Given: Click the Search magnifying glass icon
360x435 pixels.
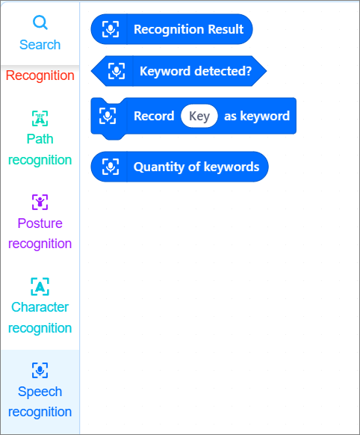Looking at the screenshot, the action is [x=40, y=22].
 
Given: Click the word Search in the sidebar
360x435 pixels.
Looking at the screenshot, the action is [x=40, y=45].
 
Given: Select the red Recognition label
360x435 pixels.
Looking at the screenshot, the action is [x=40, y=75].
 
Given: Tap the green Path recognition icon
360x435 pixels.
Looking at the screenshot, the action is [x=40, y=118].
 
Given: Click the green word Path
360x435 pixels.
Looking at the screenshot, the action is [x=40, y=139].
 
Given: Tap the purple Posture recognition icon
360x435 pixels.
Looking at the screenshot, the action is [x=40, y=202].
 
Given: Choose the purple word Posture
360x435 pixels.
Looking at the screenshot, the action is [x=40, y=223].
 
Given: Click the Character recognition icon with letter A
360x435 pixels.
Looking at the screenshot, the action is [x=40, y=286].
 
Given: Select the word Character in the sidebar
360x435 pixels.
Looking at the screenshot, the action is [x=40, y=307].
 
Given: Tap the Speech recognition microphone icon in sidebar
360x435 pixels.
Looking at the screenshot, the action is [x=40, y=370].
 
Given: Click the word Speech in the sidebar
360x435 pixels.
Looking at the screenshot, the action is [x=40, y=392].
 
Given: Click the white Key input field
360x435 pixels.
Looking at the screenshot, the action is [x=199, y=116].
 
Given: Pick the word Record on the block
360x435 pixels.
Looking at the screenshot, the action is [x=154, y=116].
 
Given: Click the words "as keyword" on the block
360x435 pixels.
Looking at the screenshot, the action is [x=257, y=116].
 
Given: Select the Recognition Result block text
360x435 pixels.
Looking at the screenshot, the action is [x=189, y=29].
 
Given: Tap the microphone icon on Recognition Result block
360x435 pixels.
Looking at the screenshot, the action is [x=111, y=29].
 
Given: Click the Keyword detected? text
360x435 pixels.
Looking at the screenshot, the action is [x=196, y=71].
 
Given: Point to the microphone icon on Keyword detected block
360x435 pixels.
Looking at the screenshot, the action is [x=117, y=71].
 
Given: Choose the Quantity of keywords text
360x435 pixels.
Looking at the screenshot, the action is [x=196, y=167].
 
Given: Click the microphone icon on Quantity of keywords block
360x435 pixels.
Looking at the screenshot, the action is [x=111, y=167].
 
